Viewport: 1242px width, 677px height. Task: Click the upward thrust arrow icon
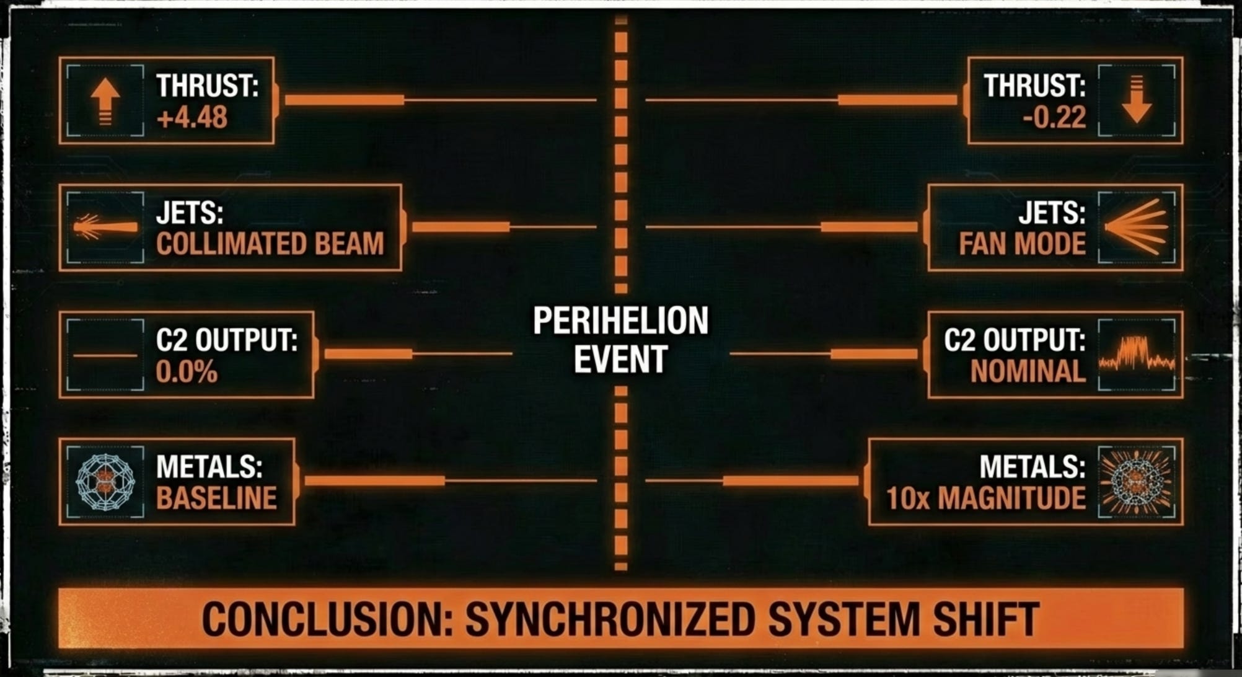[105, 100]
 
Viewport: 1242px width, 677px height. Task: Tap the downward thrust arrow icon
[1136, 100]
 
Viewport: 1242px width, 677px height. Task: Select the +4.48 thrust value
[192, 117]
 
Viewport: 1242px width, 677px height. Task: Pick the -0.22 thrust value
[1054, 117]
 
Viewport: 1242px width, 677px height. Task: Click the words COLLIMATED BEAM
[270, 244]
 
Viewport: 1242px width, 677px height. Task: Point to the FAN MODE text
[1022, 244]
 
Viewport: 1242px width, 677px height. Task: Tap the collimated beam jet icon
[105, 228]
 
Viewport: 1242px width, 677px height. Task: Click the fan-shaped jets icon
[1136, 228]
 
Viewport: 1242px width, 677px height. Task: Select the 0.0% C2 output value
[187, 371]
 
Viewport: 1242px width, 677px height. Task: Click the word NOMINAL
[1028, 371]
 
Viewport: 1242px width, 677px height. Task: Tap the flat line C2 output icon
[105, 355]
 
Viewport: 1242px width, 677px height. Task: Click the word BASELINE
[216, 498]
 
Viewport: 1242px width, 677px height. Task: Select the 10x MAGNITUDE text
[985, 498]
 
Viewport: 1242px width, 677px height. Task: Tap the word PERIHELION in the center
[620, 321]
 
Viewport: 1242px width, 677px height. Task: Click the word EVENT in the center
[620, 359]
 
